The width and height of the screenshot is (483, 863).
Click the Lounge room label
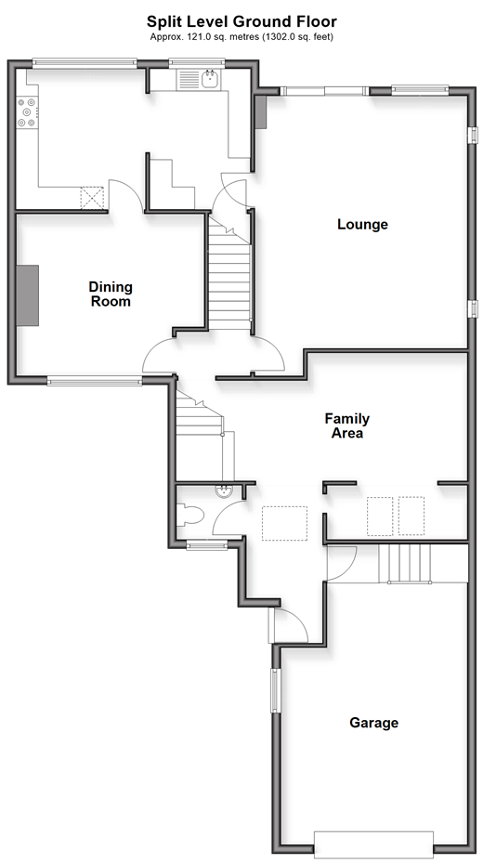click(362, 225)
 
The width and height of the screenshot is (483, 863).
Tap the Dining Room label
click(111, 294)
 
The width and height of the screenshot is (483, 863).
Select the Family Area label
click(346, 425)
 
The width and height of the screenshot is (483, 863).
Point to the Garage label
click(373, 723)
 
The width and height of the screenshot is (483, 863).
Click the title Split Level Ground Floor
click(241, 21)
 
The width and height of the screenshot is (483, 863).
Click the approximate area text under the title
click(241, 37)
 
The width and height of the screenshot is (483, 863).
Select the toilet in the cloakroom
click(189, 516)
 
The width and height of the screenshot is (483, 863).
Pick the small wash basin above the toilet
click(224, 490)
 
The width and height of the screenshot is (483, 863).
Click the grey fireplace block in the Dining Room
click(28, 295)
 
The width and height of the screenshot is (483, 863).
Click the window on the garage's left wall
click(275, 691)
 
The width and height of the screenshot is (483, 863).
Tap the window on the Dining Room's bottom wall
click(95, 380)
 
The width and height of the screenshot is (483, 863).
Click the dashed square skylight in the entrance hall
click(284, 523)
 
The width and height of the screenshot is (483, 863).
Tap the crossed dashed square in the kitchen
click(92, 198)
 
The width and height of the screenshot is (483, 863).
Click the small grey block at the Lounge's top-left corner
click(261, 112)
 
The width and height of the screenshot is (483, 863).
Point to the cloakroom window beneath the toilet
click(207, 545)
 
